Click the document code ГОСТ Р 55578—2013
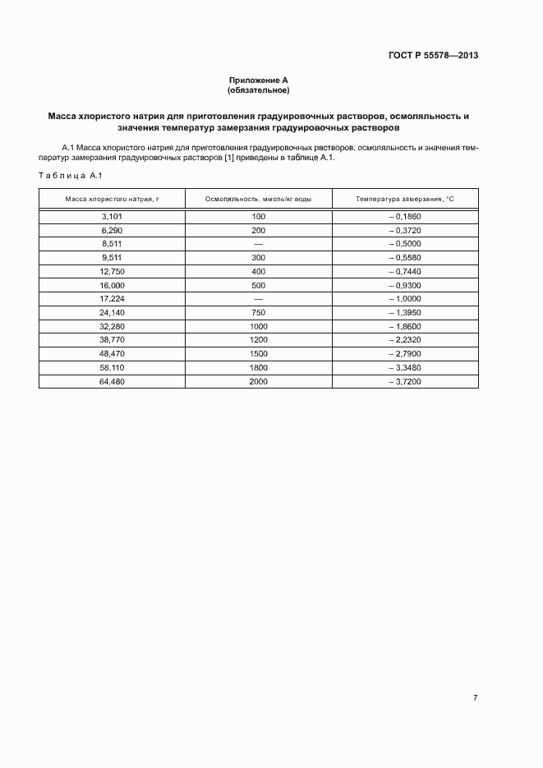point(433,56)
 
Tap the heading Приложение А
point(259,80)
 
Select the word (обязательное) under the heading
point(259,90)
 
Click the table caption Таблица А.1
point(70,176)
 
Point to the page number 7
point(475,697)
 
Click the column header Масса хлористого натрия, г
point(111,200)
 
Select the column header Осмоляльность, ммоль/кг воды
point(258,200)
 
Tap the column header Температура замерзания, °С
point(404,200)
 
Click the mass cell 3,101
point(111,216)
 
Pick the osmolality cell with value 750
point(258,313)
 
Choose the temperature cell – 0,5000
point(404,244)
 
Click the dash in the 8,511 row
point(258,244)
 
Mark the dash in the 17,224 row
point(258,299)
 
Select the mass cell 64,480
point(111,382)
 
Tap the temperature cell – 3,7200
point(404,382)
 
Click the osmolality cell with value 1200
point(258,340)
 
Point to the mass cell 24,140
point(111,313)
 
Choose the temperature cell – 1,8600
point(404,327)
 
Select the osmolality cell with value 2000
point(258,382)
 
